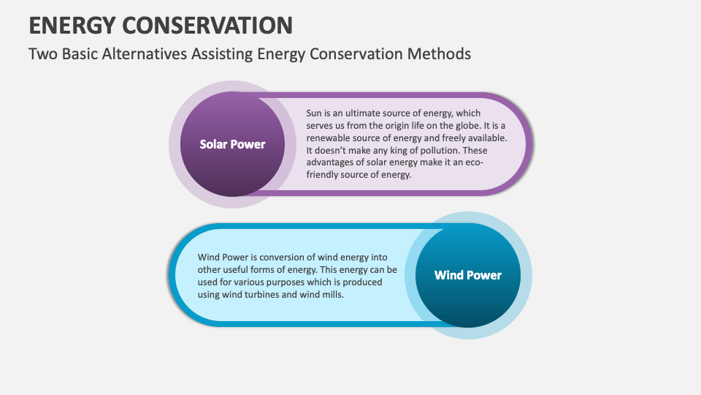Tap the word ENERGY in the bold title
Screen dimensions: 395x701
70,24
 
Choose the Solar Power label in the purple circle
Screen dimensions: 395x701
232,144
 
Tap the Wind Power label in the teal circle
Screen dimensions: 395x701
467,275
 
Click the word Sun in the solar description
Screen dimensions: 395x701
314,113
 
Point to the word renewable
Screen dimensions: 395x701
331,138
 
